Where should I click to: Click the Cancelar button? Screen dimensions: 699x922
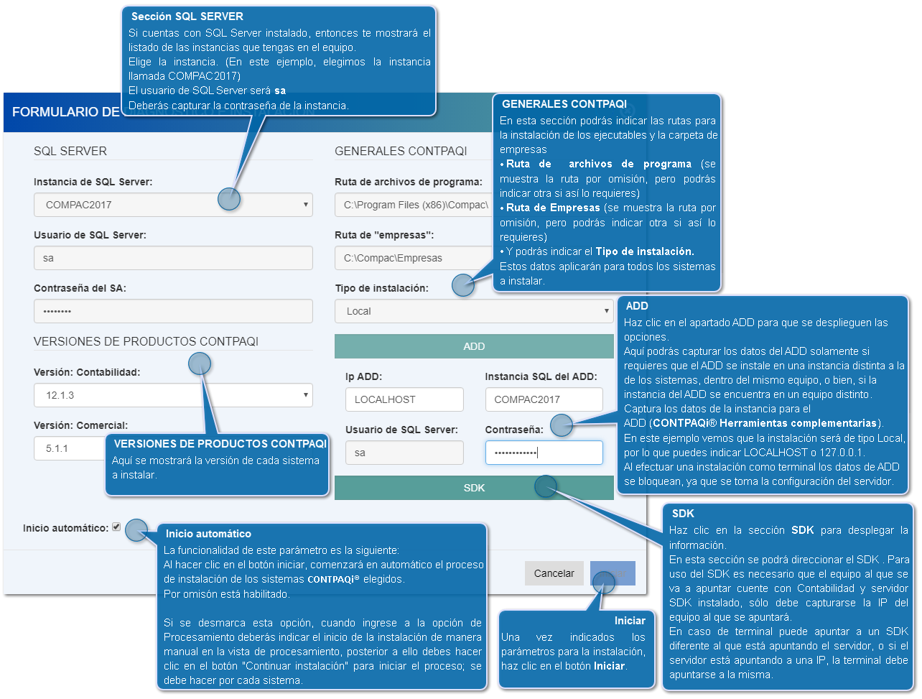click(x=554, y=573)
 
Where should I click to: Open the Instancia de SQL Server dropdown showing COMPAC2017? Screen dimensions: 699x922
click(x=173, y=205)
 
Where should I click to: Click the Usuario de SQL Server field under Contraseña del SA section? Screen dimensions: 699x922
click(x=173, y=258)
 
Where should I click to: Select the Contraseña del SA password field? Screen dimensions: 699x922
click(x=173, y=311)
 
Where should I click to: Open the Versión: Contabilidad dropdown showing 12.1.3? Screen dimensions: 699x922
click(x=173, y=395)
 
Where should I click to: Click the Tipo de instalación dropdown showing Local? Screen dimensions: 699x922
click(x=474, y=311)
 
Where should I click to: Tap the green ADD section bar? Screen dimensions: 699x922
click(x=474, y=346)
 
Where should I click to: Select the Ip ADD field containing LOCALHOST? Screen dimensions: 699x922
click(x=404, y=399)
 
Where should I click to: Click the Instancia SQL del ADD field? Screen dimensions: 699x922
click(x=544, y=399)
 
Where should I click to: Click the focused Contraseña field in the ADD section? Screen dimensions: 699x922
click(x=544, y=453)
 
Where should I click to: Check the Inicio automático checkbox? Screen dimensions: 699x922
click(x=116, y=527)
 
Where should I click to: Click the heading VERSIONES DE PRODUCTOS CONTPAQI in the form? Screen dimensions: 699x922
click(x=146, y=341)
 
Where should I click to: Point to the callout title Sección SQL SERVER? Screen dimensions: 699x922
click(x=187, y=16)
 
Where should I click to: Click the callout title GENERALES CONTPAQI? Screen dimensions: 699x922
click(x=564, y=104)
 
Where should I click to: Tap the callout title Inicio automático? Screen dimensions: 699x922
click(x=208, y=534)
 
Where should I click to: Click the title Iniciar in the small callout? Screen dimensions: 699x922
click(x=630, y=621)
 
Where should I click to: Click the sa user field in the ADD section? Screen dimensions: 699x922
click(x=404, y=453)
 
